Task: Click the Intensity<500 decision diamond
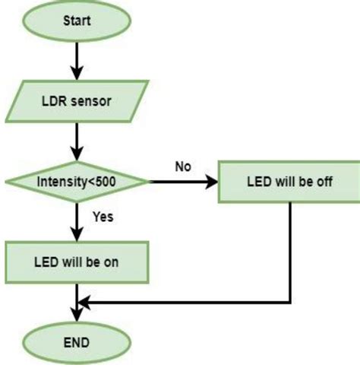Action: (x=77, y=182)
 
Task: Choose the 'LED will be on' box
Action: (x=77, y=262)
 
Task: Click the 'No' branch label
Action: (x=182, y=167)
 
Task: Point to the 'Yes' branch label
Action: (x=103, y=217)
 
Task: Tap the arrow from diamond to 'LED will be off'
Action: (x=182, y=182)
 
